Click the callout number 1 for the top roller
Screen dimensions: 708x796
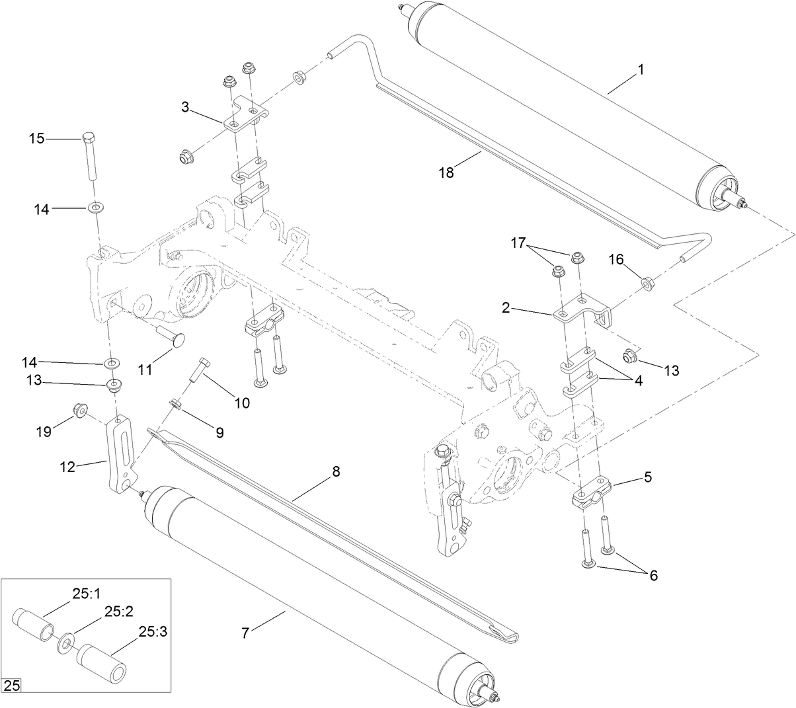(x=640, y=69)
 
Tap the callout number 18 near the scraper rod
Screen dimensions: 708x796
(x=446, y=173)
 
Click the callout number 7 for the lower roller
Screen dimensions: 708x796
(x=245, y=633)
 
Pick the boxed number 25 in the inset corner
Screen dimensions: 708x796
(x=12, y=686)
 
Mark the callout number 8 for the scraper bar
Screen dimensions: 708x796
(x=335, y=472)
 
